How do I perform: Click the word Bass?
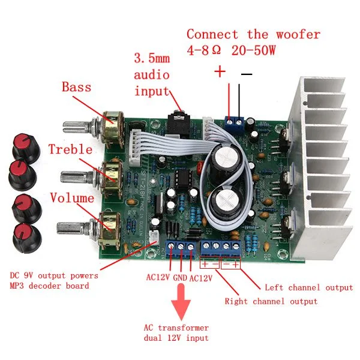tap(76, 87)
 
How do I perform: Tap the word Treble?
tap(70, 149)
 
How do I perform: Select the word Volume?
tap(72, 197)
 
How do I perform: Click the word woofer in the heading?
tap(298, 35)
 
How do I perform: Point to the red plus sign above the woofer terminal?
tap(220, 71)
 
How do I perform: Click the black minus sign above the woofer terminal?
tap(247, 74)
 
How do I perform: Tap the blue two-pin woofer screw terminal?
tap(235, 124)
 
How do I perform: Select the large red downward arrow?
tap(181, 302)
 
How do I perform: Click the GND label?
tap(180, 278)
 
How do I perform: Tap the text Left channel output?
tap(309, 287)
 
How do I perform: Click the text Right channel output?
tap(271, 301)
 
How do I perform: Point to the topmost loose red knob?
tap(26, 147)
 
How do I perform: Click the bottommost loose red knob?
tap(27, 238)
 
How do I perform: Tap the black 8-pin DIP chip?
tap(183, 178)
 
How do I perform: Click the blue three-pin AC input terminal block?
tap(181, 249)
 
